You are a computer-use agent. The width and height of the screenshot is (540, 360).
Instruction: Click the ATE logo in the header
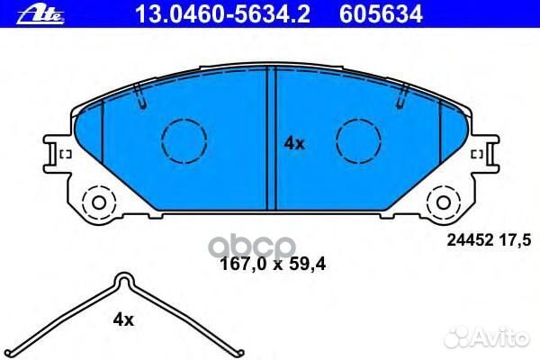(22, 11)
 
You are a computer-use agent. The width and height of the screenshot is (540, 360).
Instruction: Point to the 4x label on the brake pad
(295, 142)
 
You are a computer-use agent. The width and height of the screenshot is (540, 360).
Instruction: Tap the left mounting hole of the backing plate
(95, 199)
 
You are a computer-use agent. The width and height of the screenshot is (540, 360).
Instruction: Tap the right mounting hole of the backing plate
(445, 199)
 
